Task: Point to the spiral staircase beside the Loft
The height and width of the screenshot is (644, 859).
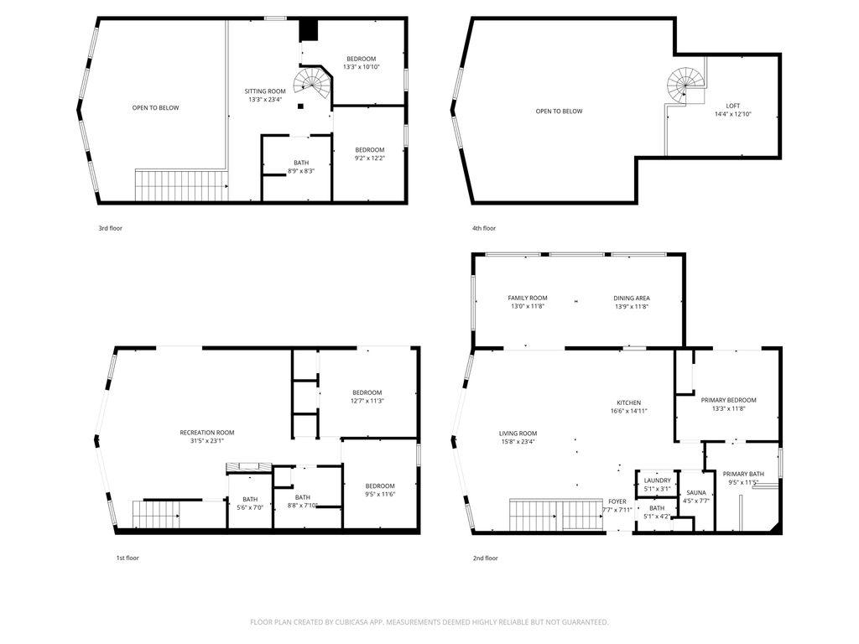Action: pos(685,86)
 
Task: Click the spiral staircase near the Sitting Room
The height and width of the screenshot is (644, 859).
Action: pos(313,83)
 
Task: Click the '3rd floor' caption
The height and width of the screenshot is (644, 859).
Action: pos(110,228)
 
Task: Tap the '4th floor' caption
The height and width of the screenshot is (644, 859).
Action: pos(484,228)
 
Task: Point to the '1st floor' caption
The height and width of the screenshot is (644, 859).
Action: pos(128,558)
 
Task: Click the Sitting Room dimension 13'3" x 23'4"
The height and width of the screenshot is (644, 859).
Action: pos(265,100)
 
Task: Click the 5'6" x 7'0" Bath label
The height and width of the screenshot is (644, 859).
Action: pos(250,503)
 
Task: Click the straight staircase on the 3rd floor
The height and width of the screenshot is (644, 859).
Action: pos(181,185)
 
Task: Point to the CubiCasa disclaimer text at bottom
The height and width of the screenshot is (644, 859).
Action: pos(429,622)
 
